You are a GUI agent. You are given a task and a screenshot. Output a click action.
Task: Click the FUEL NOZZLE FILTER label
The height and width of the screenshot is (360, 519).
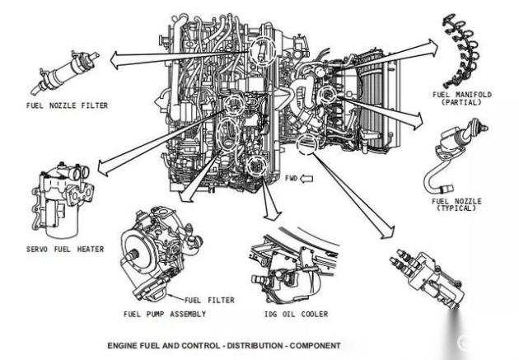coord(68,105)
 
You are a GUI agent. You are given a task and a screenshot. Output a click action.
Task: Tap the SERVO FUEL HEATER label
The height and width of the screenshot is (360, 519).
coord(65,249)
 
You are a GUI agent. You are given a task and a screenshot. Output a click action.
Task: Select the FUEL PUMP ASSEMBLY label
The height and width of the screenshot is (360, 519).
coord(165,314)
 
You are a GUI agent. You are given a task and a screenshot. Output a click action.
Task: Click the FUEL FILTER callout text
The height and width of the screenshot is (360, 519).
coord(209,300)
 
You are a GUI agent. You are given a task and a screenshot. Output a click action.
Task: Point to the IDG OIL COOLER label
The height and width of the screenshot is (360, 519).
coord(297,314)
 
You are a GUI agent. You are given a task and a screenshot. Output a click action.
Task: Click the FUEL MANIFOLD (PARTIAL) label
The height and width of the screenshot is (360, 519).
coord(462,99)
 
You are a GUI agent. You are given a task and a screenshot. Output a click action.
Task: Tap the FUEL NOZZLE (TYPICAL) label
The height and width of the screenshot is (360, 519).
coord(456,204)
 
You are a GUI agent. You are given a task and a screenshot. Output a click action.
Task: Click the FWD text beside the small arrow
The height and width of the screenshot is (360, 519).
coord(292,178)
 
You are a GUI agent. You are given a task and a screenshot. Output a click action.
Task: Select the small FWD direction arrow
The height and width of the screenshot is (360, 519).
coord(306,179)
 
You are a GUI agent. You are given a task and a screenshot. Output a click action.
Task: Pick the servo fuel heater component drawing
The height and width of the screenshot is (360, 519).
coord(63,200)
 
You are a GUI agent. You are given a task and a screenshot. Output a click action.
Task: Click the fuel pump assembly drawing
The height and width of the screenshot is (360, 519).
coord(159,253)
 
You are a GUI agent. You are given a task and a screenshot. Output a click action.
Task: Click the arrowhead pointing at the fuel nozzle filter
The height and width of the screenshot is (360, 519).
coord(115,60)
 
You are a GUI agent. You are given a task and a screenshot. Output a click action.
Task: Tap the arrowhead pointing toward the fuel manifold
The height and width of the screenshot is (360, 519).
coord(433,48)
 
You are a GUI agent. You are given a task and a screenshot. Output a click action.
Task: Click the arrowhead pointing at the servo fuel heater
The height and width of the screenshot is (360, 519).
coord(103,167)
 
